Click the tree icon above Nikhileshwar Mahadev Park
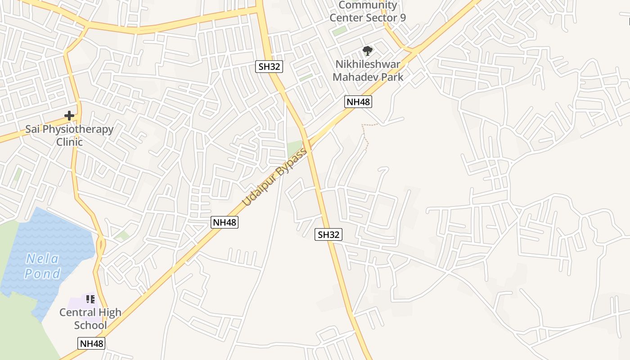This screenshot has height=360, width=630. click(368, 50)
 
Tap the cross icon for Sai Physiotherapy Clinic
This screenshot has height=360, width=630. click(69, 116)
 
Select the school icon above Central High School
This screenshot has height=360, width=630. click(90, 299)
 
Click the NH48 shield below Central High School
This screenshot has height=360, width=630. click(91, 344)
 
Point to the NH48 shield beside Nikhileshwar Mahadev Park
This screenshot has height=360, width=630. click(358, 102)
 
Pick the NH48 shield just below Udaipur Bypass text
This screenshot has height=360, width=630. click(225, 222)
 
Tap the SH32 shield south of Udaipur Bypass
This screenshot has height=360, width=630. click(328, 234)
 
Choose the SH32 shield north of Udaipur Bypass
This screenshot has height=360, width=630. click(270, 67)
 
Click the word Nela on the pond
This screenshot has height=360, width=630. click(42, 259)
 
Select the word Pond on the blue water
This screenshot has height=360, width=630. click(42, 274)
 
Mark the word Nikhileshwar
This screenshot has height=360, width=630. click(368, 64)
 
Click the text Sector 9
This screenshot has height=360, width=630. click(386, 18)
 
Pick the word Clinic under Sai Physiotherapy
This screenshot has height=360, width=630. click(69, 142)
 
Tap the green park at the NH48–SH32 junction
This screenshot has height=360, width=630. click(294, 148)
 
